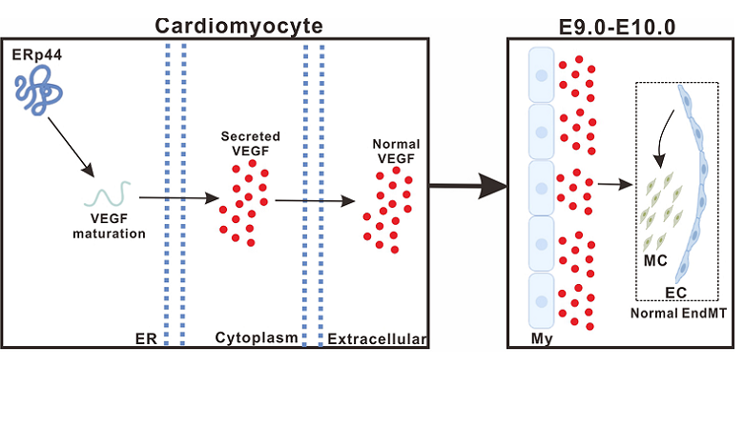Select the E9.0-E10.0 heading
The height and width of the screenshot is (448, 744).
620,26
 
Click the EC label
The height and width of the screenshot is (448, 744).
675,294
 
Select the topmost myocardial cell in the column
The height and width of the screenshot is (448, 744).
542,73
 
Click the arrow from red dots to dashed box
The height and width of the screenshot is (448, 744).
614,186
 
